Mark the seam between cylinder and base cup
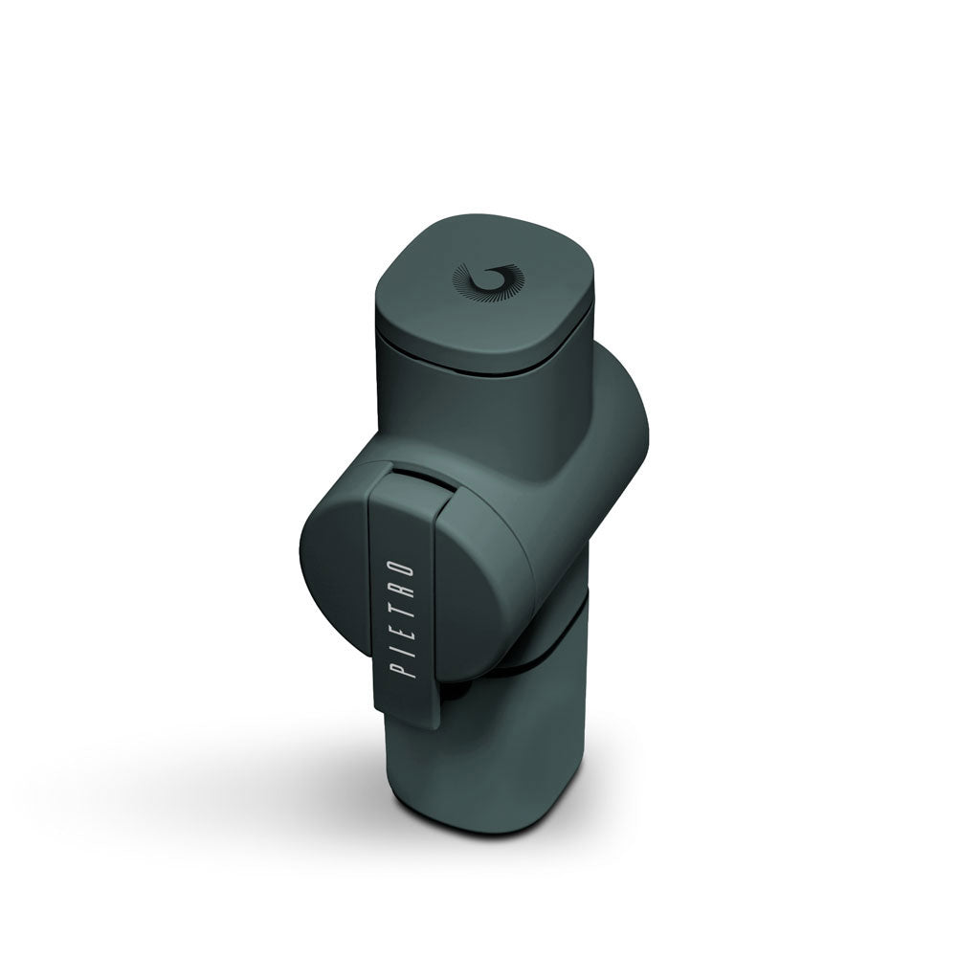546,660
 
